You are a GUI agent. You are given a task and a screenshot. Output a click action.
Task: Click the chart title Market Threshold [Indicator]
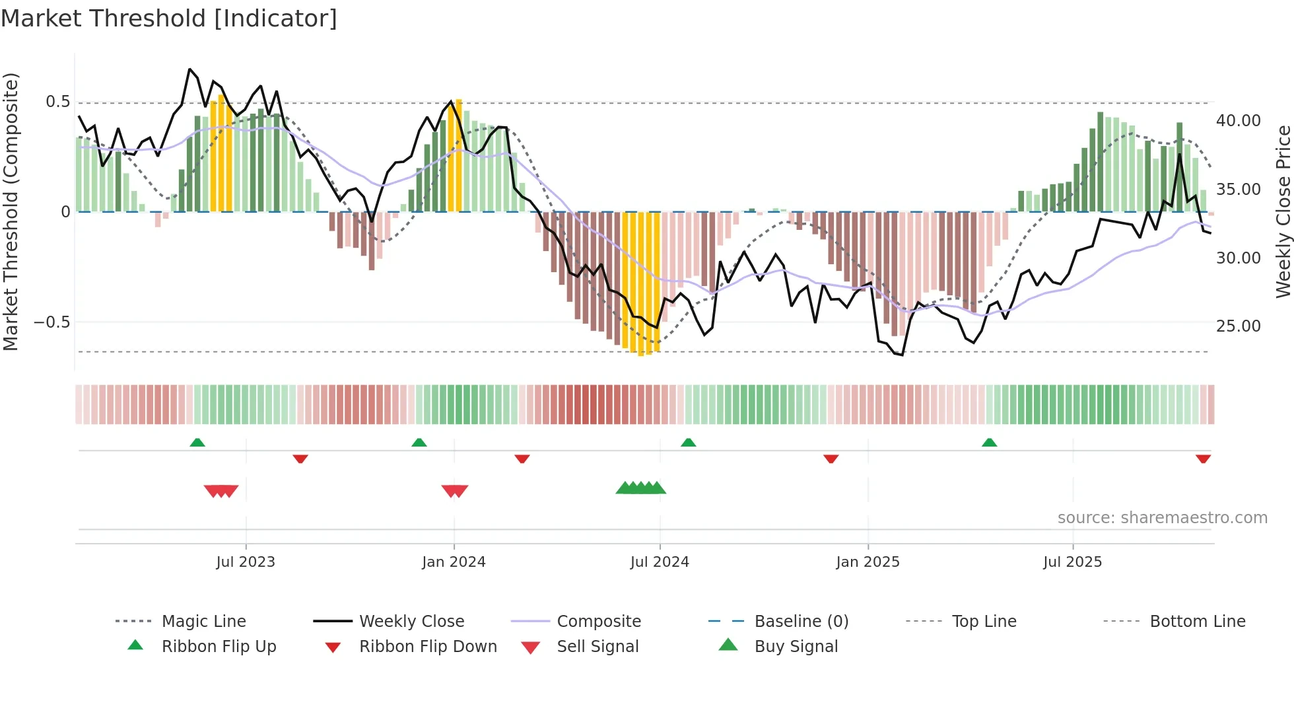[x=169, y=18]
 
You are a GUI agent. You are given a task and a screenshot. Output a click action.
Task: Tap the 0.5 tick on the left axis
[x=57, y=102]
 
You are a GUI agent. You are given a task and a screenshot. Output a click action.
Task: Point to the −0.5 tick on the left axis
[x=52, y=322]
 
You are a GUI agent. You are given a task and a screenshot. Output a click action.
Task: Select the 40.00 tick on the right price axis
[x=1238, y=121]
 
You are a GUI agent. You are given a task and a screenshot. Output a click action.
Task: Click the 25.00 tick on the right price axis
[x=1238, y=326]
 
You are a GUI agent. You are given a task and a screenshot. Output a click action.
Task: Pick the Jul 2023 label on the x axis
[x=246, y=562]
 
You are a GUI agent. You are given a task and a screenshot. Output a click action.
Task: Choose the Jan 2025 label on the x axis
[x=868, y=562]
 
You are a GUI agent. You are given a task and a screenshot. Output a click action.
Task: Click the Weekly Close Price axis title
[x=1283, y=211]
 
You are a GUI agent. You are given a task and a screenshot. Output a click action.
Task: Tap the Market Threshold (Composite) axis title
[x=11, y=211]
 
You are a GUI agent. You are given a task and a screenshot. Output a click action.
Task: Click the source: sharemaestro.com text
[x=1162, y=518]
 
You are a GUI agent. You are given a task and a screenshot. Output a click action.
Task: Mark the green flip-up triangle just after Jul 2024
[x=689, y=443]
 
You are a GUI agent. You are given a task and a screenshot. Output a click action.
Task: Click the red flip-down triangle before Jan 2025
[x=831, y=458]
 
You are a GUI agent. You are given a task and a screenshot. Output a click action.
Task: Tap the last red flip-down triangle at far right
[x=1203, y=458]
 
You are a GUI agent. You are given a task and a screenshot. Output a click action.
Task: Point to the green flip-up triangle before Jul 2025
[x=989, y=443]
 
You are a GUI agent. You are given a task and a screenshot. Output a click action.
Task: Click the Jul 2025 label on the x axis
[x=1072, y=562]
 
